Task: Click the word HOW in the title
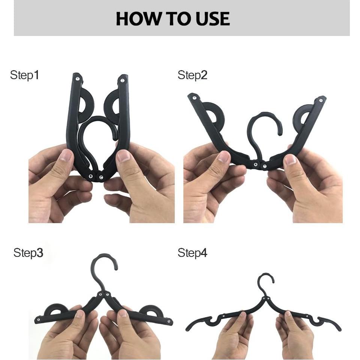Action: point(135,19)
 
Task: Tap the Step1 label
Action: point(24,75)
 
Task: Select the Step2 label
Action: point(192,75)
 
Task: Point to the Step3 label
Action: point(28,253)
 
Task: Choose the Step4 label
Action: point(192,253)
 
